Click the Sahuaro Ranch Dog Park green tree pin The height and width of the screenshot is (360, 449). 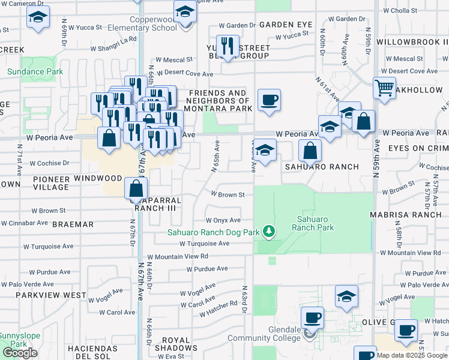coord(270,231)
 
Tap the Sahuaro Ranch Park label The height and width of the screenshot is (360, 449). coord(312,223)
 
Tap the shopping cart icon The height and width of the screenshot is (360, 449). coord(384,88)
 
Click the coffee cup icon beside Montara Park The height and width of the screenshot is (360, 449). coord(269,100)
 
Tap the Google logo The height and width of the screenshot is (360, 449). coord(20,353)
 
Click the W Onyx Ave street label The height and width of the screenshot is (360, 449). coord(223,221)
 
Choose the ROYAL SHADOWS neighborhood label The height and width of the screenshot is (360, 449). coord(176,342)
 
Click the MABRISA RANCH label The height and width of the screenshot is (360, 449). coord(415,214)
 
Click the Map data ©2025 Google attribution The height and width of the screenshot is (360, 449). coord(411,355)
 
